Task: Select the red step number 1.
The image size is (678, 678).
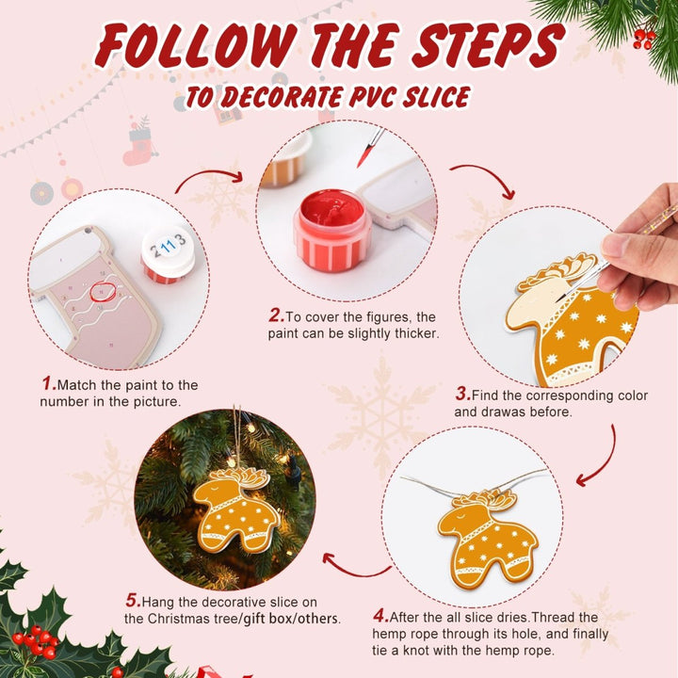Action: tap(48, 384)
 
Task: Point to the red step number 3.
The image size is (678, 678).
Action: tap(462, 395)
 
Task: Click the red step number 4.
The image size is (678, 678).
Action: tap(380, 617)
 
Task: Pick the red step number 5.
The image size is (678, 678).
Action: tap(133, 600)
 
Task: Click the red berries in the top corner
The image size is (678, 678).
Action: tap(644, 38)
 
